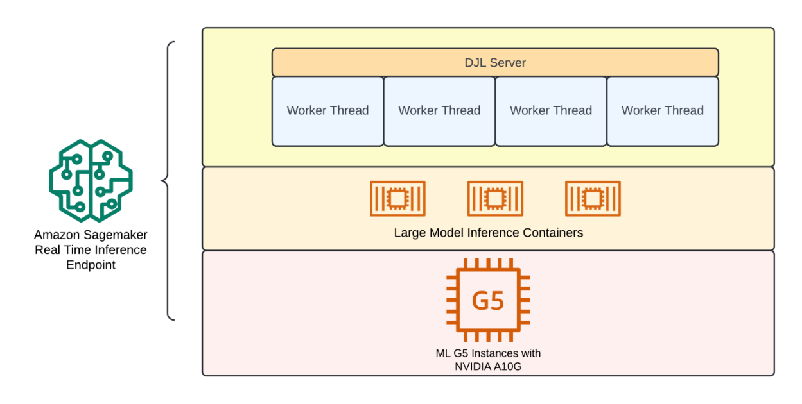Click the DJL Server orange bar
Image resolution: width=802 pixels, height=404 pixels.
click(x=494, y=63)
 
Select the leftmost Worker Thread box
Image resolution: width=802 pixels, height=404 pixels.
click(x=327, y=111)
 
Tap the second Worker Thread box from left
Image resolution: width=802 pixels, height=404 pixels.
click(x=439, y=111)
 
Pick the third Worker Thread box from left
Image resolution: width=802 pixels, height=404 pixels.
click(x=551, y=111)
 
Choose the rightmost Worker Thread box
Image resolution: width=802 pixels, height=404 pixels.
click(x=662, y=111)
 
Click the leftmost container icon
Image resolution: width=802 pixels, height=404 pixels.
click(x=397, y=199)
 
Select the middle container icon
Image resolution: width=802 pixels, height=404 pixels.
click(x=494, y=199)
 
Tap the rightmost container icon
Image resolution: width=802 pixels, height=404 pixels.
click(x=592, y=199)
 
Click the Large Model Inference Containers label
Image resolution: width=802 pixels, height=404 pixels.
click(x=488, y=233)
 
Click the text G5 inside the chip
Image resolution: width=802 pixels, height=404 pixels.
click(x=488, y=301)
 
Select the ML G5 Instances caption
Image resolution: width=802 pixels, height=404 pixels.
click(x=488, y=353)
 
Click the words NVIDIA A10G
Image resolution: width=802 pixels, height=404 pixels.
click(x=488, y=366)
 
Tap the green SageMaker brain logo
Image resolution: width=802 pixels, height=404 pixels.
click(x=91, y=181)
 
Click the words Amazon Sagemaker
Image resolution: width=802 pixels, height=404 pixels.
click(x=91, y=235)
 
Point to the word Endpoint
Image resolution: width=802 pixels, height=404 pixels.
click(x=91, y=264)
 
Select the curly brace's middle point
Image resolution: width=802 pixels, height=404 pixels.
click(x=163, y=181)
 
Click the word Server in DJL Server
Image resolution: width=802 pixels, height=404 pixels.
click(x=509, y=63)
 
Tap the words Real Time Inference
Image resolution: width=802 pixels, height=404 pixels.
click(x=91, y=250)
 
